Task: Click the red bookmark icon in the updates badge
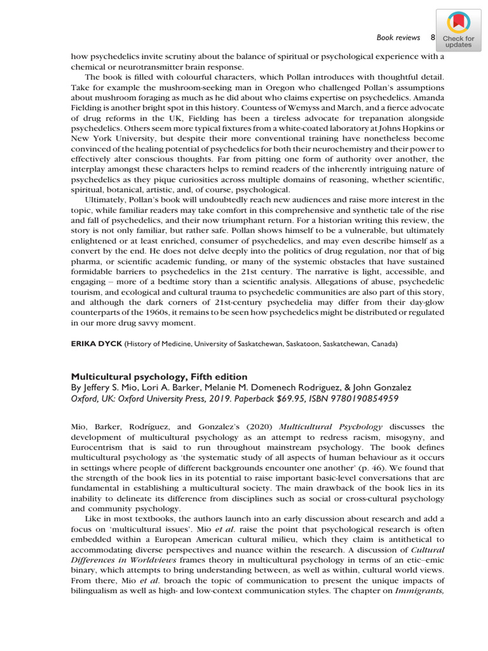458,24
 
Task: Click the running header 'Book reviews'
398,38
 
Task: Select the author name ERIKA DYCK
96,344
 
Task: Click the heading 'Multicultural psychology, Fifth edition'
159,377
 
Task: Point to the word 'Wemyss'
227,108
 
